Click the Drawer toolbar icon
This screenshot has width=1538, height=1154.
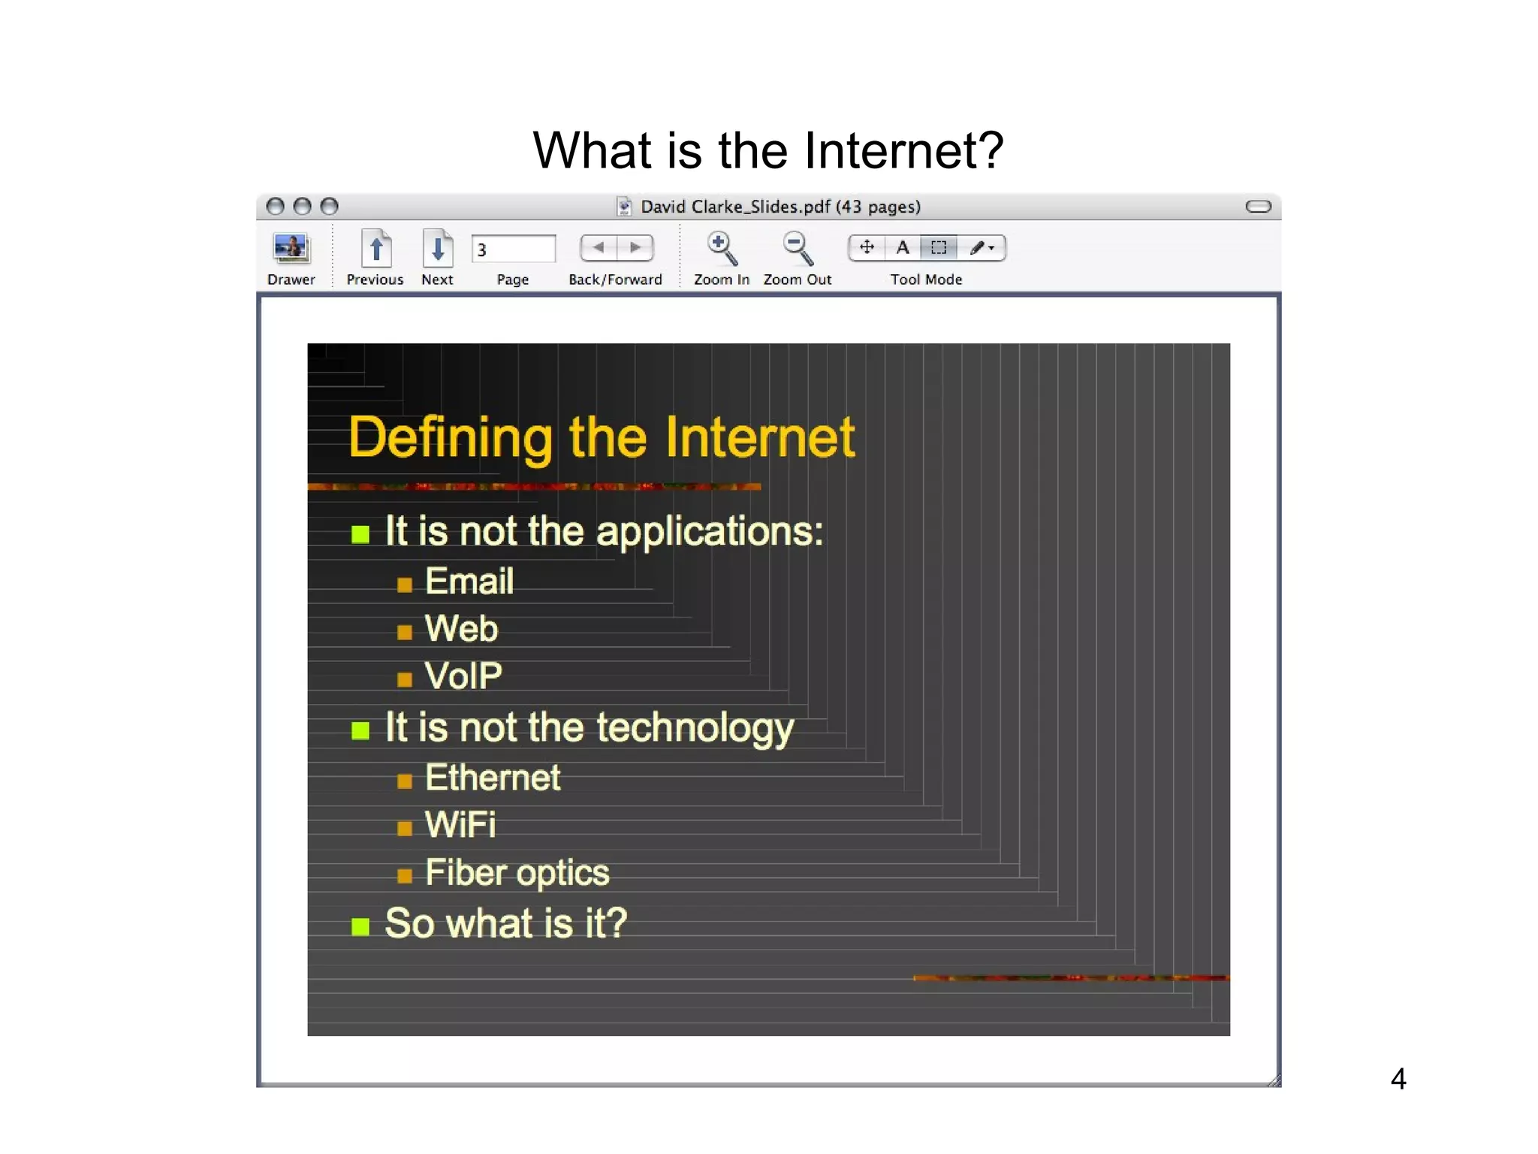click(x=291, y=249)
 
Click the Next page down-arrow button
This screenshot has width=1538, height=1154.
click(x=437, y=249)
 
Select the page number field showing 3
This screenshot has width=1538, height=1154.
click(x=513, y=249)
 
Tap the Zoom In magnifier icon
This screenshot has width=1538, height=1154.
click(x=722, y=249)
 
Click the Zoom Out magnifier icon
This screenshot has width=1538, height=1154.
click(x=797, y=249)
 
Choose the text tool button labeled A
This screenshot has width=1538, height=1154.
click(x=903, y=248)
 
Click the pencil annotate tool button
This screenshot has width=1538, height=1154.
click(x=980, y=248)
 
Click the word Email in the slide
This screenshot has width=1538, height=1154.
click(x=469, y=582)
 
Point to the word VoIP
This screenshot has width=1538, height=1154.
click(x=463, y=676)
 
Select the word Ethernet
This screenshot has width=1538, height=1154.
click(x=493, y=778)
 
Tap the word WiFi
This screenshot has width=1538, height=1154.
click(x=460, y=825)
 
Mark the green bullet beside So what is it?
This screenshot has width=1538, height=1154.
click(x=360, y=926)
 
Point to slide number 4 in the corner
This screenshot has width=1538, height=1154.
click(x=1398, y=1080)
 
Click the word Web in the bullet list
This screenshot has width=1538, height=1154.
click(x=461, y=629)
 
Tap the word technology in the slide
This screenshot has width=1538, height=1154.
click(x=695, y=729)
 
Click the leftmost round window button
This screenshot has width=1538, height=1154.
click(x=276, y=207)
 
